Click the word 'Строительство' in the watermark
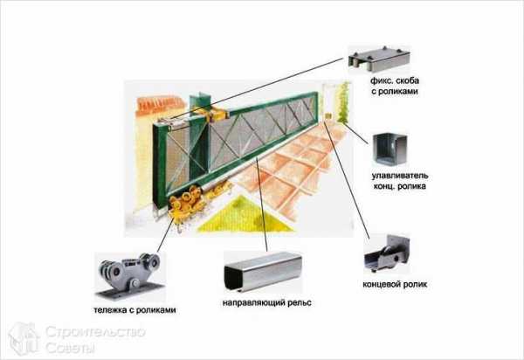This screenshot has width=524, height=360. (x=90, y=333)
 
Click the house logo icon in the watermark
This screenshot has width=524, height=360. (x=24, y=338)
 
